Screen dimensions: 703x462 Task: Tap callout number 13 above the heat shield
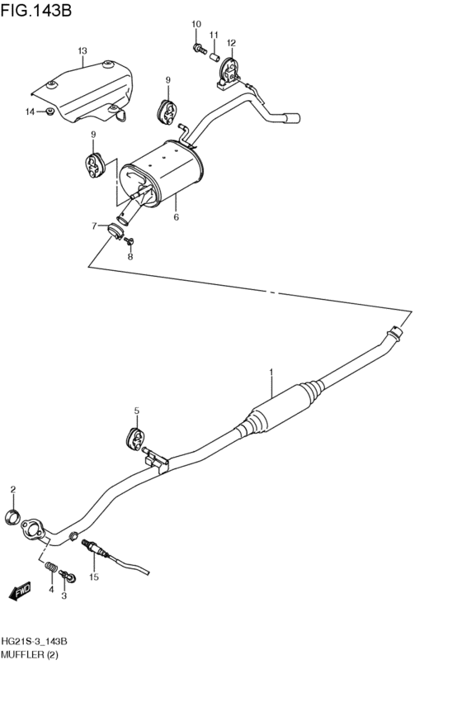(x=82, y=51)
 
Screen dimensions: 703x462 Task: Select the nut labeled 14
(x=50, y=112)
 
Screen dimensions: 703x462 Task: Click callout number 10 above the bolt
(x=196, y=24)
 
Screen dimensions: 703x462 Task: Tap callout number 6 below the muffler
(x=176, y=217)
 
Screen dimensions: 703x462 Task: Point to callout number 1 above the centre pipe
(x=270, y=373)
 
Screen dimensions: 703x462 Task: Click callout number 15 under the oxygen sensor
(x=94, y=577)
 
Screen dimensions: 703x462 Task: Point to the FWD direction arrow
(x=19, y=590)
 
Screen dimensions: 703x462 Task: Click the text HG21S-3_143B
(x=35, y=642)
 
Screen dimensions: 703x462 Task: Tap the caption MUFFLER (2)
(x=31, y=655)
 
